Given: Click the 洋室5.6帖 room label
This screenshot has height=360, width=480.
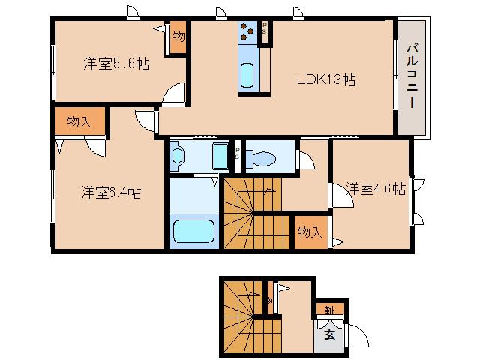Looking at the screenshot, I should (116, 64).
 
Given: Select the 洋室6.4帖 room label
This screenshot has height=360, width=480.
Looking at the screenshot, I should (112, 193).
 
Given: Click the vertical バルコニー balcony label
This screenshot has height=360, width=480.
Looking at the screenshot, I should (412, 76).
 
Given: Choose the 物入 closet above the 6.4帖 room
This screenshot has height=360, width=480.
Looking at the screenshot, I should (79, 121).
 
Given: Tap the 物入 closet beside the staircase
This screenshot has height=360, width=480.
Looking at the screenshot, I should (310, 232).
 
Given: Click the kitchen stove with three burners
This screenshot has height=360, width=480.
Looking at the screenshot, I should (248, 32).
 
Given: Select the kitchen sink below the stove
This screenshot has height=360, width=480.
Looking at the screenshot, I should (248, 75).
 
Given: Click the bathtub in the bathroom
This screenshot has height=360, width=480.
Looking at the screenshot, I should (194, 230).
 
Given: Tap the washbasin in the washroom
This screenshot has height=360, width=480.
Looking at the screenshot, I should (178, 157).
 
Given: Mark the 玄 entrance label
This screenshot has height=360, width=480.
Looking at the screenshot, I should (330, 334).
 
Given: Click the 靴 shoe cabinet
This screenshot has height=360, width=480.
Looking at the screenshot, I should (329, 309).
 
